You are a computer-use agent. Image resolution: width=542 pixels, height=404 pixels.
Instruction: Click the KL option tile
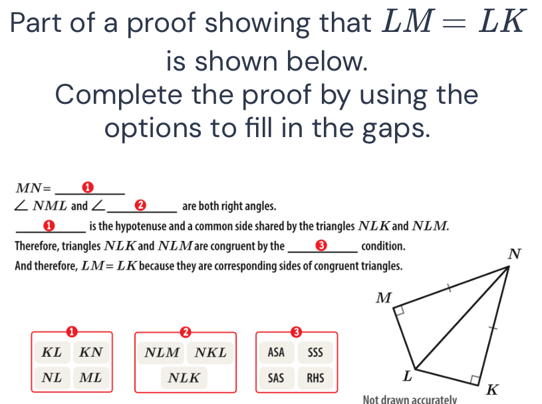52,352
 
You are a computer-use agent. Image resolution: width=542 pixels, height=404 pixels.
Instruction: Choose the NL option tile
52,378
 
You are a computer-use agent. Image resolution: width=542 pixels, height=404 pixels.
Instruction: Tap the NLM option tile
162,352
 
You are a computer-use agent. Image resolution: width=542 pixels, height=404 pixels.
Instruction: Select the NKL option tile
210,352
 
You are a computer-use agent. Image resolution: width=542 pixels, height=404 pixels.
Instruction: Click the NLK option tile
184,378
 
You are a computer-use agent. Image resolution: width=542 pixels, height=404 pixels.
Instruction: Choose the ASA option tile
276,352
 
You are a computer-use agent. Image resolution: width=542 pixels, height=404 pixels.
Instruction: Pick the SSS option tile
315,352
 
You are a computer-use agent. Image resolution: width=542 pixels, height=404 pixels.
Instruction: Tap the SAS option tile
276,378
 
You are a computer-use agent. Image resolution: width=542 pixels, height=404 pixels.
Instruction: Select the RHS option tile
315,378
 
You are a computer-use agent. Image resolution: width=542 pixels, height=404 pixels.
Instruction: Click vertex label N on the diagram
513,254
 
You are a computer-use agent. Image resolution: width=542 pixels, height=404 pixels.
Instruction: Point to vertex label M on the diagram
384,297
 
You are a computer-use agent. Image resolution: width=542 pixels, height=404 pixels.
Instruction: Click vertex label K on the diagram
493,389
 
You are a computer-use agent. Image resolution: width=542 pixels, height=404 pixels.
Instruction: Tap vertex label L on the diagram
408,376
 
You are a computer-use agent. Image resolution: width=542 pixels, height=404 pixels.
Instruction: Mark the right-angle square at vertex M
400,311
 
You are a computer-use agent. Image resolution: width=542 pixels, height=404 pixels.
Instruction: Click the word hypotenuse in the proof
138,226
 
